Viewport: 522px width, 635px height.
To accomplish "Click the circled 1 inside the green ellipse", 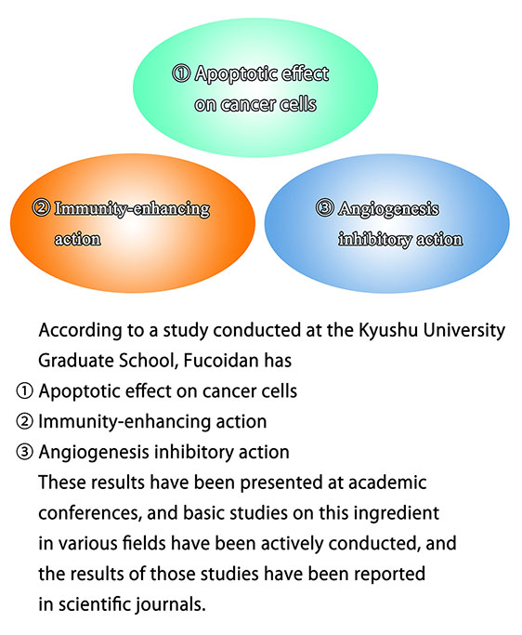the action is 180,73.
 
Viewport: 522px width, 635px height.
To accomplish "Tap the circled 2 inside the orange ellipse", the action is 41,208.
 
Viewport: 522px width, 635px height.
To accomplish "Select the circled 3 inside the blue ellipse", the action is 324,208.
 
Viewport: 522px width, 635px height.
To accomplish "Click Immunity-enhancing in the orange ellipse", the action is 132,209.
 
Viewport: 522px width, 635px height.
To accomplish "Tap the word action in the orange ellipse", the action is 78,239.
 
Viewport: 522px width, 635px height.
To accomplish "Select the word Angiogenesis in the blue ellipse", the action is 388,209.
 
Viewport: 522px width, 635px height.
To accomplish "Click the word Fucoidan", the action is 221,361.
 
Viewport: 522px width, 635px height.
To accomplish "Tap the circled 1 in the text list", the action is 24,391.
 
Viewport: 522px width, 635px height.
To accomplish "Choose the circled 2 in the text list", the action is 24,421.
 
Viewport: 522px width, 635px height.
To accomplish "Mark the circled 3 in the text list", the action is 24,452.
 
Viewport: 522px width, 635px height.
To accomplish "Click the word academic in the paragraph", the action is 387,483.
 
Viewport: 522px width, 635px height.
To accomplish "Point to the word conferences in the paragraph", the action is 89,513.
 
